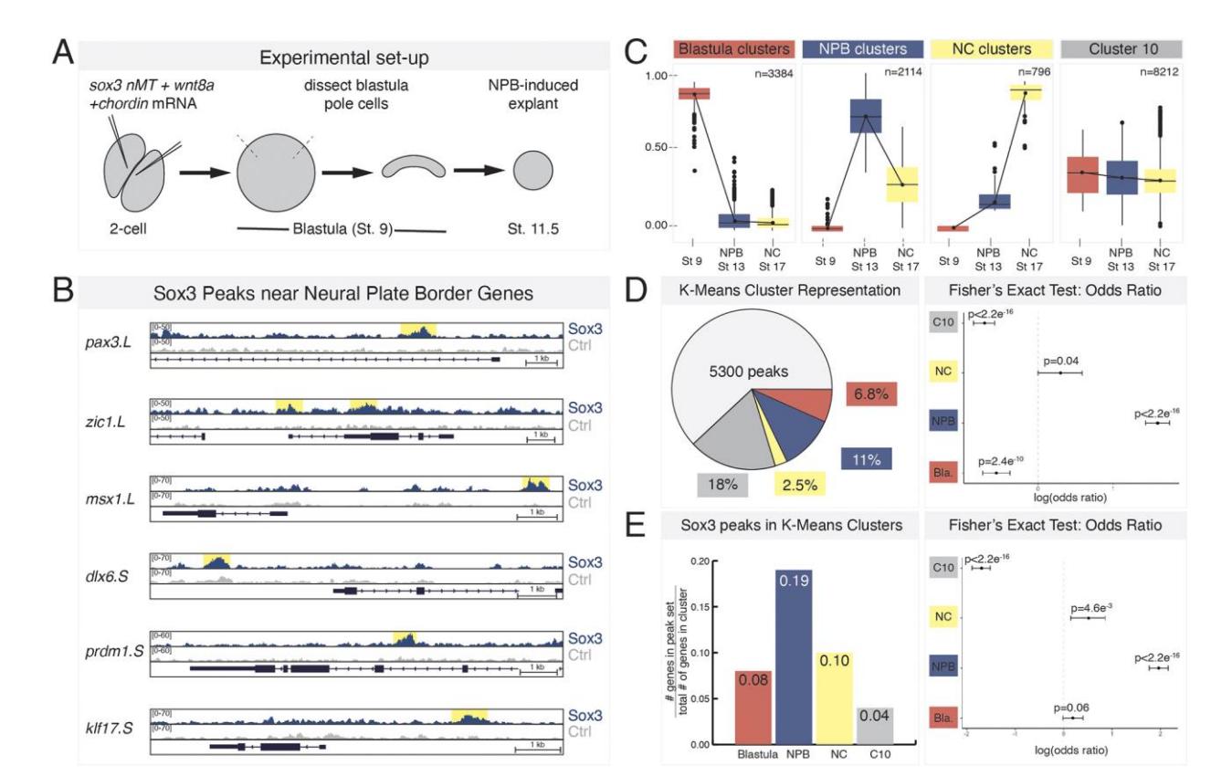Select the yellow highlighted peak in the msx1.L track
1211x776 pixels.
coord(535,484)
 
